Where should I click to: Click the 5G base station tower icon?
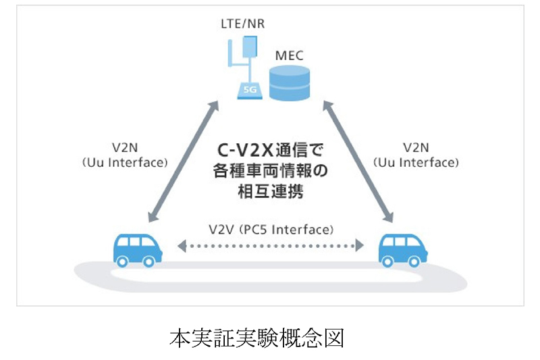246,68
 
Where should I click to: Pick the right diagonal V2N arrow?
358,162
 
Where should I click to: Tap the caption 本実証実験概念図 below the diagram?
256,338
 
